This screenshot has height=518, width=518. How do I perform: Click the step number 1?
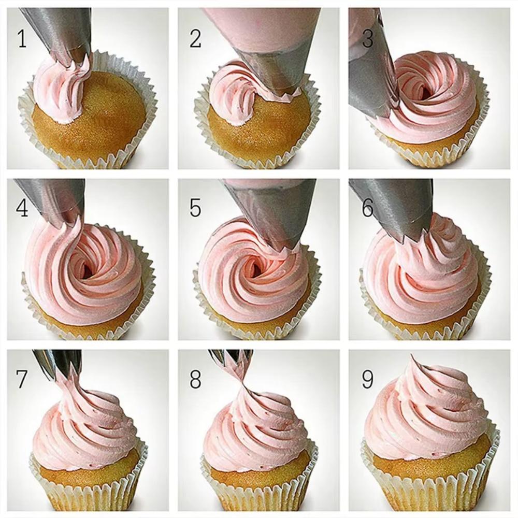(x=21, y=39)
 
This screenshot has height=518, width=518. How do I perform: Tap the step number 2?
(x=195, y=39)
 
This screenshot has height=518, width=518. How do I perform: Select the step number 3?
(x=368, y=39)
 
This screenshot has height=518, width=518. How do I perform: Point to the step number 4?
(x=22, y=208)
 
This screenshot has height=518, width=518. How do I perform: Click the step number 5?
(x=195, y=208)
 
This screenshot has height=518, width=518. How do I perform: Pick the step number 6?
(x=368, y=208)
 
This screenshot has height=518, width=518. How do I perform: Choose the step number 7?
(x=21, y=380)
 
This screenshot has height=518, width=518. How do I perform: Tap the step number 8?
(x=195, y=380)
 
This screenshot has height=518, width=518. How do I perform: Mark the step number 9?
(x=368, y=380)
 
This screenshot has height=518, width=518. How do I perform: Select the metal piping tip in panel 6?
(x=399, y=207)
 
